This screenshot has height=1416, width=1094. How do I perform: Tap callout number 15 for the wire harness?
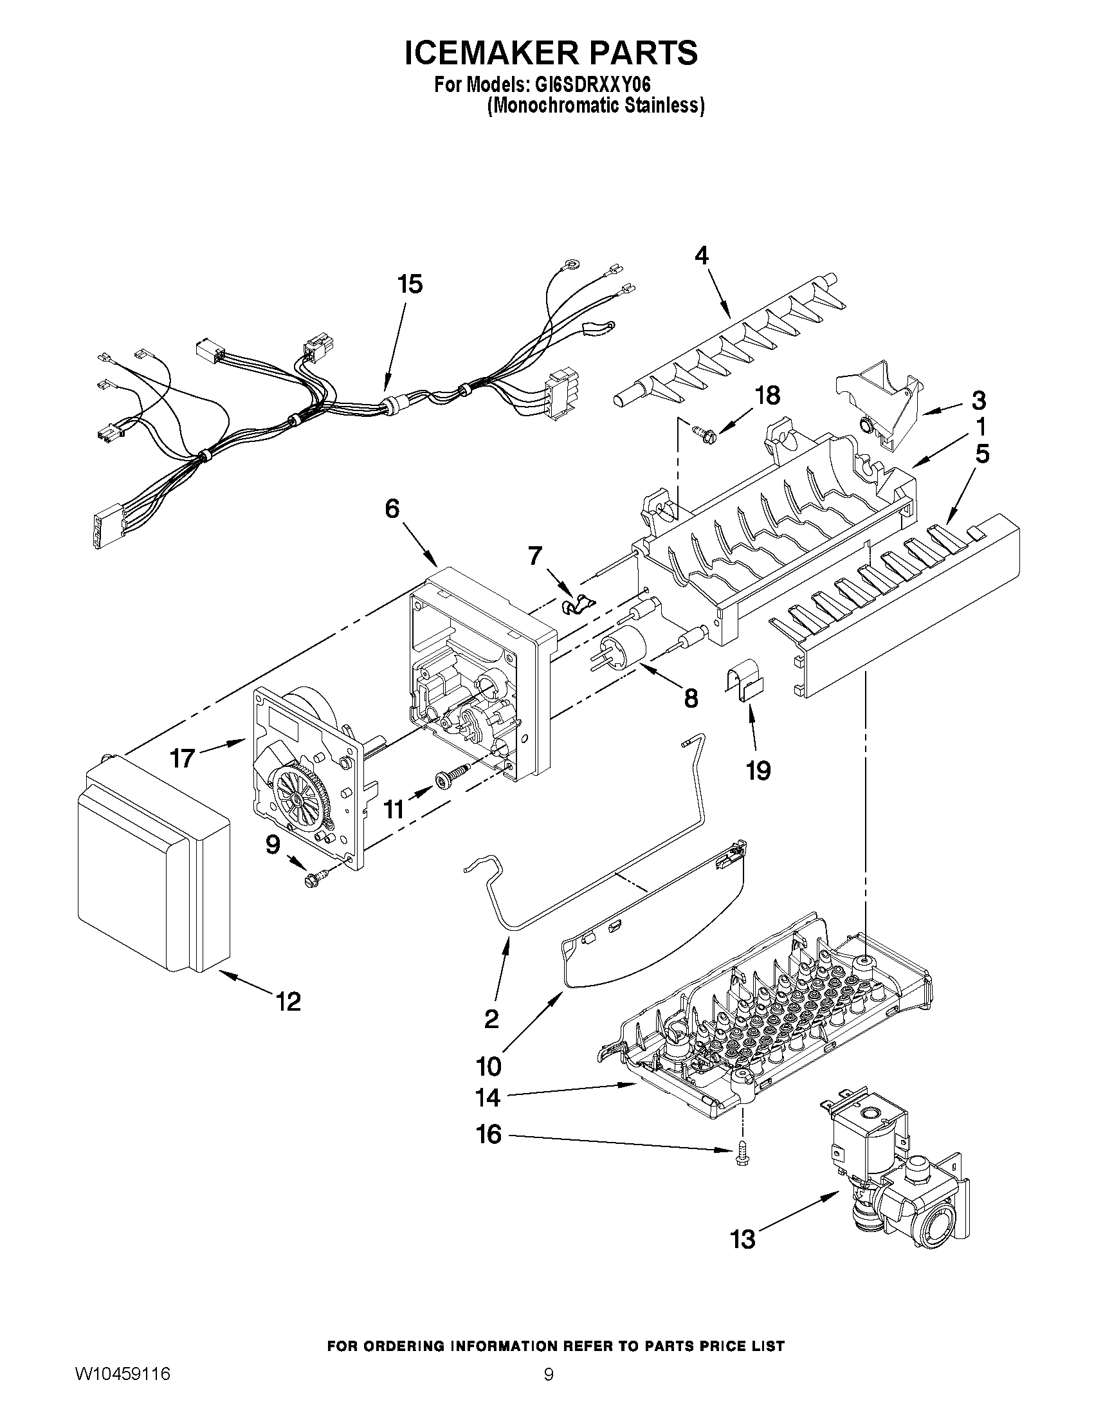click(410, 284)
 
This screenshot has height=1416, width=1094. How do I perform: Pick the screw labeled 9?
click(317, 879)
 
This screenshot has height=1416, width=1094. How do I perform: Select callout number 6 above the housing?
click(392, 508)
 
